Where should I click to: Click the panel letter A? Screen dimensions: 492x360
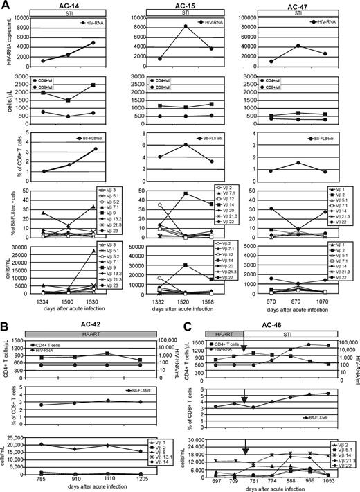click(6, 6)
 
